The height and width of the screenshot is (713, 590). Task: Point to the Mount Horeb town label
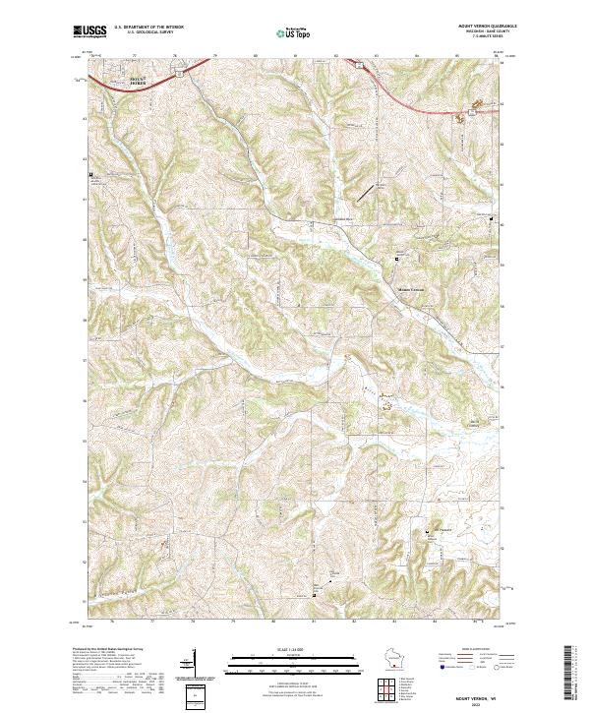[115, 81]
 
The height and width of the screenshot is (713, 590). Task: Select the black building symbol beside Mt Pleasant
[427, 533]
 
